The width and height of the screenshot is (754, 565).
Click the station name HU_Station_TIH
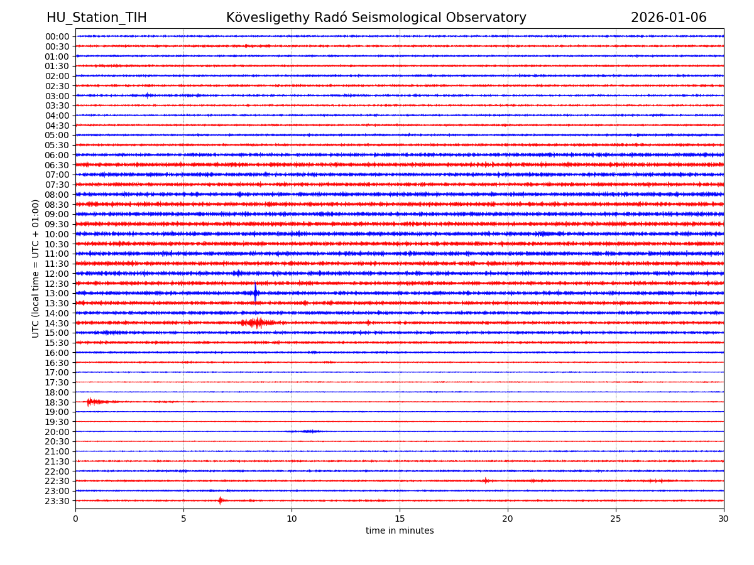tap(96, 18)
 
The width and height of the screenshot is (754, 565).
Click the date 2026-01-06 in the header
tap(669, 18)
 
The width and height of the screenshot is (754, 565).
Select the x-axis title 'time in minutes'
tap(400, 531)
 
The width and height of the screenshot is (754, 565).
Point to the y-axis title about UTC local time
tap(36, 268)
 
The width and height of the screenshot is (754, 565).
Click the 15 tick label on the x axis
tap(400, 519)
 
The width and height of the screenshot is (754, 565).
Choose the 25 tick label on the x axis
tap(616, 519)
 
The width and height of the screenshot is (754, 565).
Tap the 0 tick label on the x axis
tap(75, 519)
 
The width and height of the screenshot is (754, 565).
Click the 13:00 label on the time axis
tap(57, 293)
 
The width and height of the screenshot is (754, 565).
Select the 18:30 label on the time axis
tap(57, 402)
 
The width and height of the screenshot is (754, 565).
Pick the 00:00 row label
tap(57, 36)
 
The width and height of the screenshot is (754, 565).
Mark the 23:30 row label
tap(57, 501)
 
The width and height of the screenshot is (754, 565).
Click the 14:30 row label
tap(57, 323)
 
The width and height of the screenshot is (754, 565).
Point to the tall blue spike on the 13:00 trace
tap(255, 293)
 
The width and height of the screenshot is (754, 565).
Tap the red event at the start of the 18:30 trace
tap(92, 401)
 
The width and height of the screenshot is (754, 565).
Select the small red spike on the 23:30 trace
tap(220, 500)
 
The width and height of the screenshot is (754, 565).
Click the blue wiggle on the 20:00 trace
tap(308, 431)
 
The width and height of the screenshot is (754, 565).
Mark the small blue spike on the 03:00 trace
tap(147, 95)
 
